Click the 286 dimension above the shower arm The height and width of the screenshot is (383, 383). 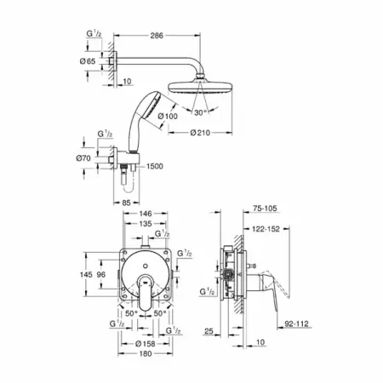157,36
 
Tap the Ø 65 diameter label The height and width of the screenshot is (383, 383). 88,61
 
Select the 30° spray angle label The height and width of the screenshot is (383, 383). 200,112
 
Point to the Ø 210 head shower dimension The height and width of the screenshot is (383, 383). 200,133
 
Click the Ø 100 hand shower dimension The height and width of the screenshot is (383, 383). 168,116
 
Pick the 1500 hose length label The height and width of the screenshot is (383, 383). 155,166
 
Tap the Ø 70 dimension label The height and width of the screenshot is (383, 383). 83,158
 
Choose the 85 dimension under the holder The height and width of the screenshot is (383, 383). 126,203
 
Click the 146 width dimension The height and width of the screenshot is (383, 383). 146,214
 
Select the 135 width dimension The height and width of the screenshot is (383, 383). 146,224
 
